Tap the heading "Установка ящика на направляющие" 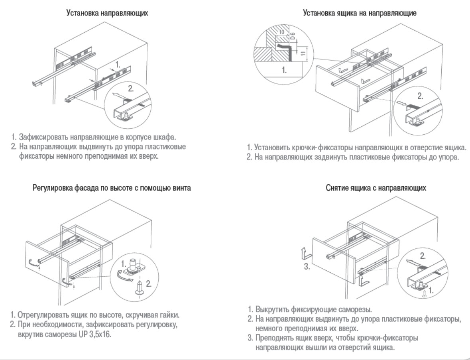pyautogui.click(x=360, y=13)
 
